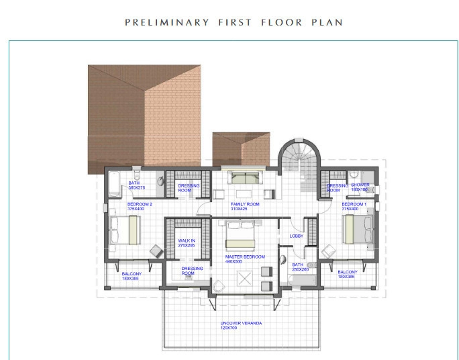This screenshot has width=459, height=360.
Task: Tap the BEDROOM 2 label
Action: [x=140, y=204]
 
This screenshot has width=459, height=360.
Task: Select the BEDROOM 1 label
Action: [x=354, y=204]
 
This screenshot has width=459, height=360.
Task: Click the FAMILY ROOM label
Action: [x=245, y=204]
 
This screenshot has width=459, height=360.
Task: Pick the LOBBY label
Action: [x=297, y=236]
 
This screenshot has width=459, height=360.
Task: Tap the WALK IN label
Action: [x=186, y=240]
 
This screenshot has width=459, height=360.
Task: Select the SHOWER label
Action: [x=360, y=185]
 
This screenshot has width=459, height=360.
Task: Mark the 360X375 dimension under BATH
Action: [x=137, y=188]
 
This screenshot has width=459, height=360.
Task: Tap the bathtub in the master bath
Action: [x=300, y=281]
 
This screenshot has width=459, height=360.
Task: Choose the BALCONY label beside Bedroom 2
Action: [x=132, y=274]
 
